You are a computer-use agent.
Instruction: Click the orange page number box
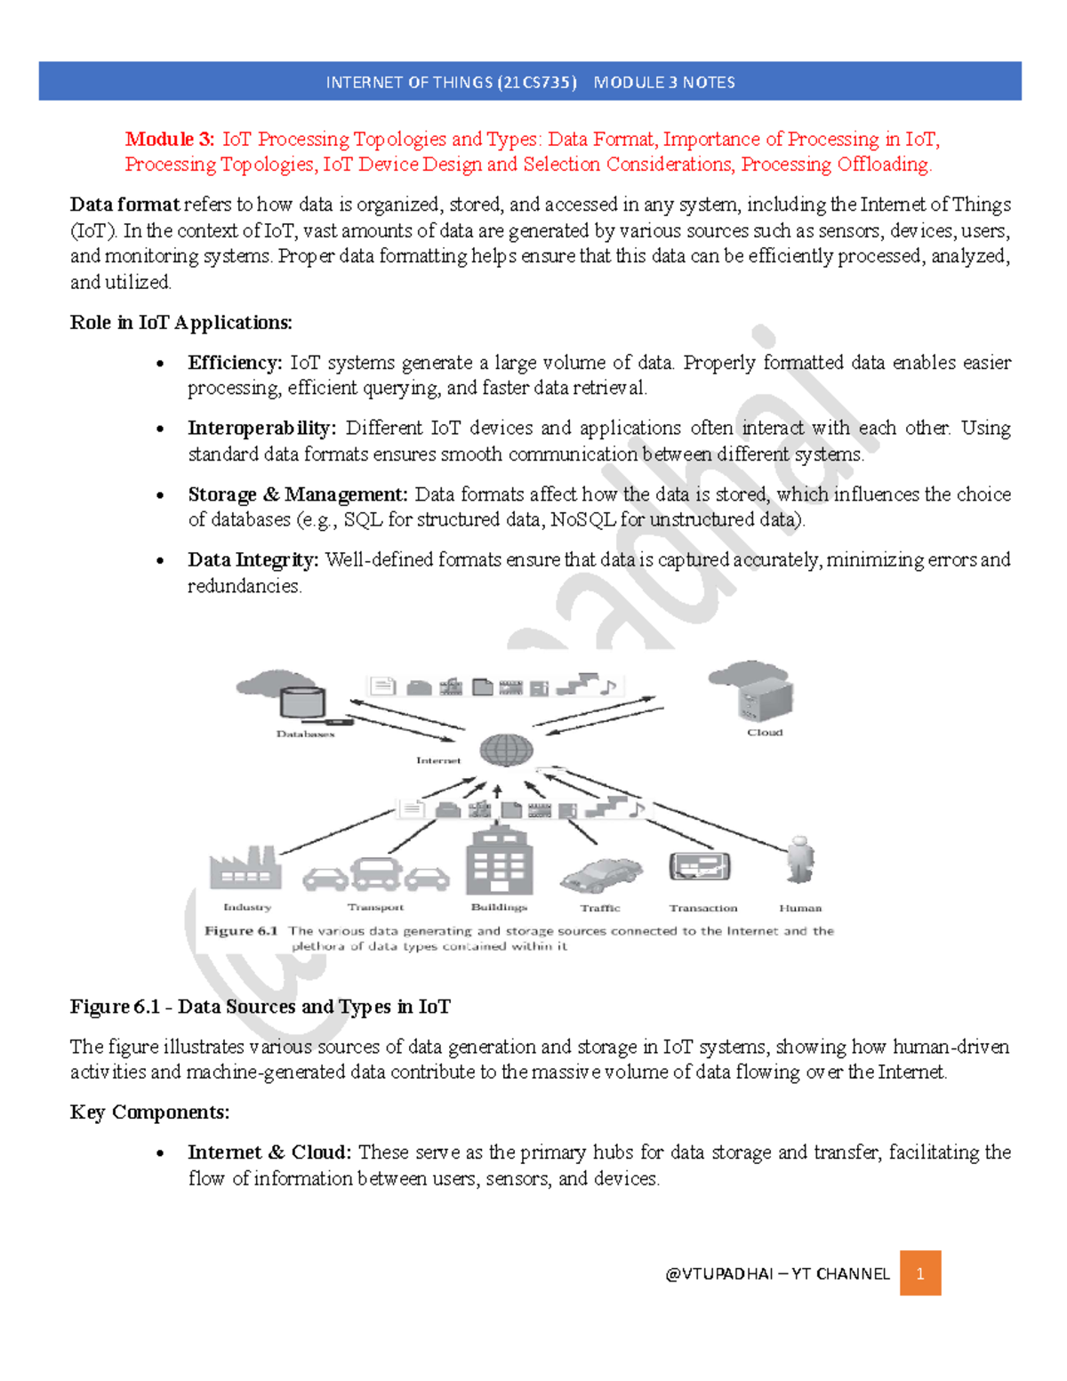(x=919, y=1273)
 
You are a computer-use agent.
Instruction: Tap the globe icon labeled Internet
(x=506, y=750)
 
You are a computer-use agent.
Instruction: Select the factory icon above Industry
(x=245, y=868)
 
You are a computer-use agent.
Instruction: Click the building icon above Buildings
(x=499, y=861)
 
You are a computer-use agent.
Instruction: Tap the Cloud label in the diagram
(x=765, y=733)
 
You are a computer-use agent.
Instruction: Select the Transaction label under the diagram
(x=702, y=908)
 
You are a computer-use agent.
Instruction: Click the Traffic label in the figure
(x=600, y=908)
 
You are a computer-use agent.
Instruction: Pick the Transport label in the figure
(x=375, y=907)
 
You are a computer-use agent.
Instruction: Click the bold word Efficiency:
(x=235, y=363)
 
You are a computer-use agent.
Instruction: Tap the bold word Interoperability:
(x=261, y=428)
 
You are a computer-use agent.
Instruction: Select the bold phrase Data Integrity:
(x=253, y=559)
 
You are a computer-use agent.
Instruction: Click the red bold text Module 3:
(x=169, y=139)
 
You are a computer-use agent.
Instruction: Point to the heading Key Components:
(x=149, y=1112)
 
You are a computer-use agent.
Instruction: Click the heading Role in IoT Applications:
(x=181, y=322)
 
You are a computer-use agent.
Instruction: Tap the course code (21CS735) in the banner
(x=537, y=83)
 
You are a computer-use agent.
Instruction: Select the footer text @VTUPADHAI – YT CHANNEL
(x=777, y=1273)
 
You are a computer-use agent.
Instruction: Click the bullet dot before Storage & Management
(x=160, y=495)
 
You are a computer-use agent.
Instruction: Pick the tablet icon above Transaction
(x=700, y=866)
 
